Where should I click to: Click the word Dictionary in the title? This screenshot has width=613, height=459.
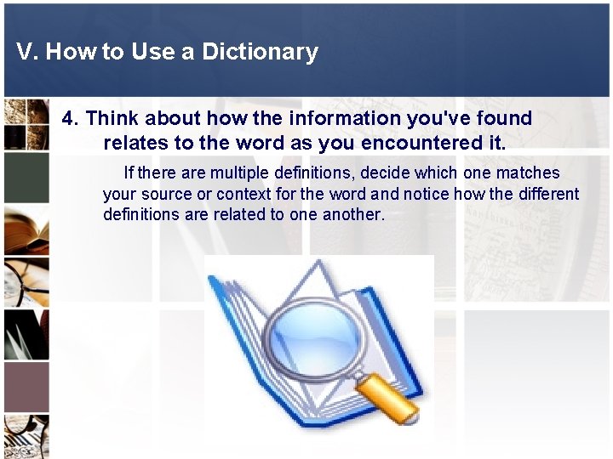260,52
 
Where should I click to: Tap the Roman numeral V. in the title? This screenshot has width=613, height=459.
27,52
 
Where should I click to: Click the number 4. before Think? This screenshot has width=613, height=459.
71,118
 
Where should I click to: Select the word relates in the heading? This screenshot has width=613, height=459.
136,142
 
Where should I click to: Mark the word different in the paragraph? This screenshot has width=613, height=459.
547,194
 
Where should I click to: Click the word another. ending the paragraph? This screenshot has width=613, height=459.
354,214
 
